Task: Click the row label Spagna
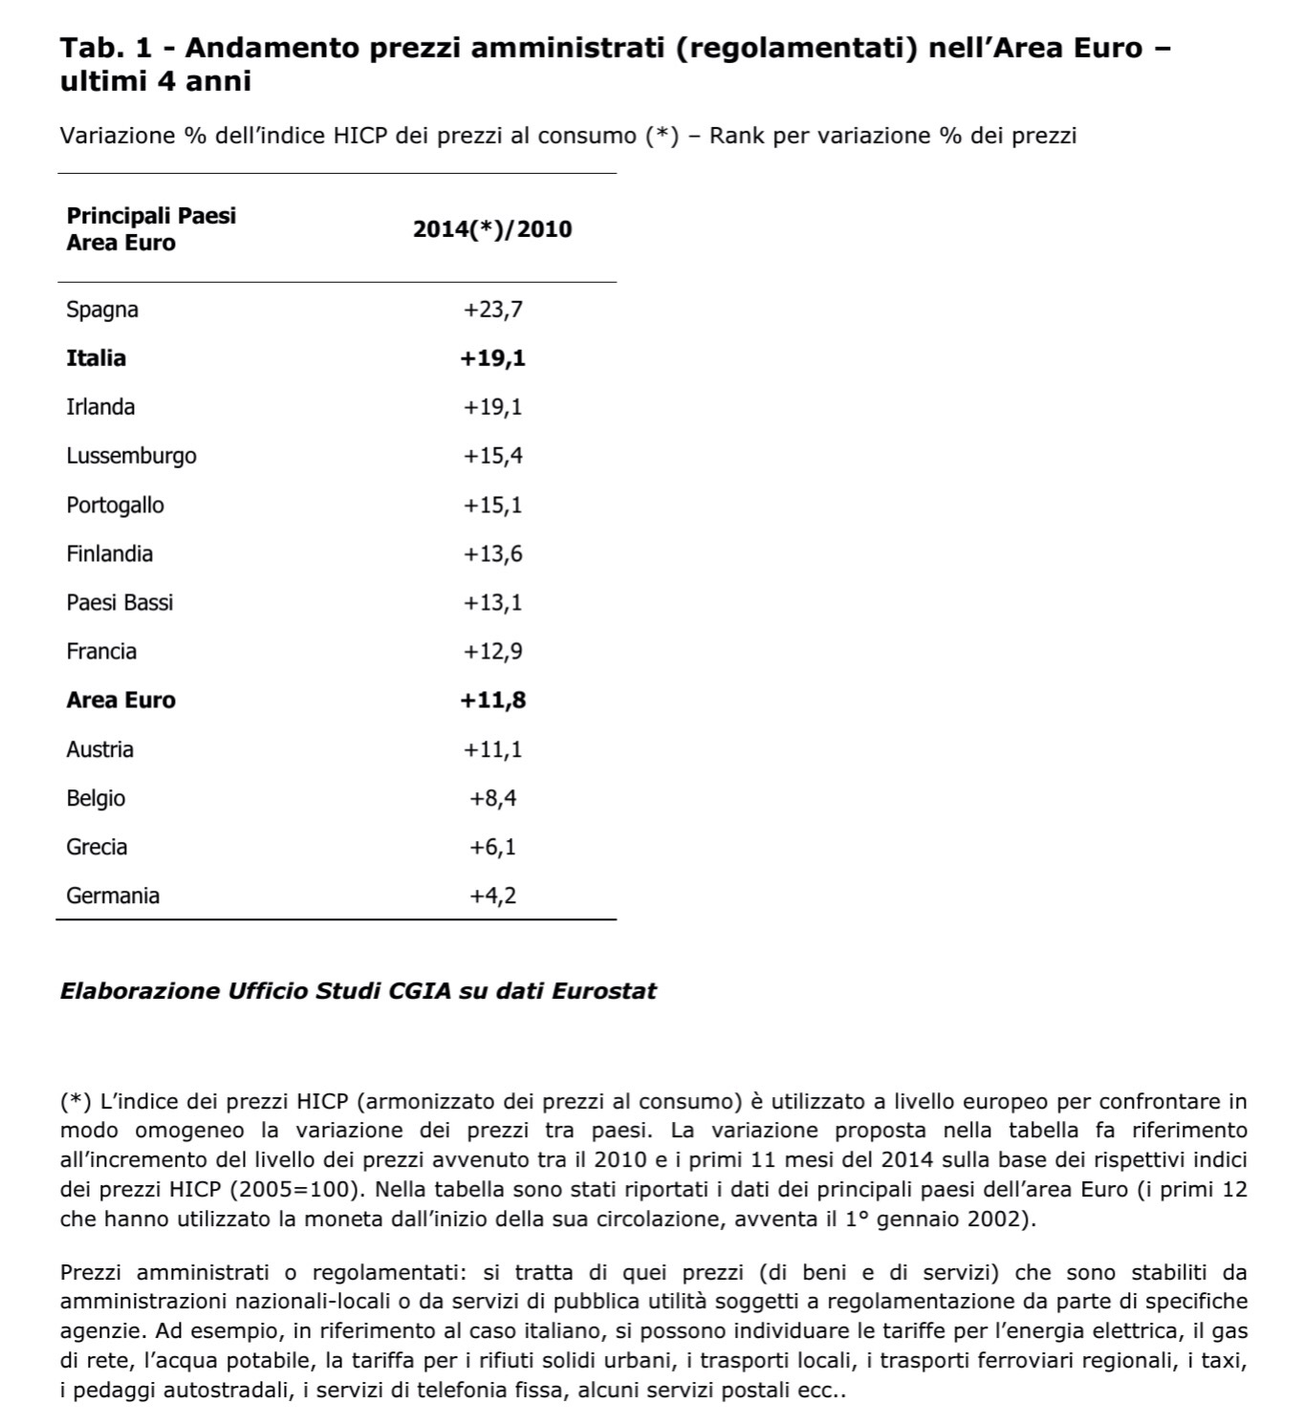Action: (x=102, y=310)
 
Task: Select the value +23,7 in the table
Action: (x=492, y=310)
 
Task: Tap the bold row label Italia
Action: (x=96, y=358)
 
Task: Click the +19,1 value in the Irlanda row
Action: (x=492, y=407)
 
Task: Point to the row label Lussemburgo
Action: (x=131, y=456)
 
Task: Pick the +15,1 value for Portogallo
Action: (x=492, y=505)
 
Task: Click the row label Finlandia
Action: (x=109, y=554)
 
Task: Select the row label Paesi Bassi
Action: (x=119, y=603)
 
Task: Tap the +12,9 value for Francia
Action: (x=492, y=652)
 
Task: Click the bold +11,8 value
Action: (x=492, y=701)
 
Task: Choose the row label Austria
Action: (x=99, y=749)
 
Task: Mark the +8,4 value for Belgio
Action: (x=492, y=798)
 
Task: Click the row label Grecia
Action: (x=97, y=847)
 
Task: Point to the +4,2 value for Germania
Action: (x=492, y=895)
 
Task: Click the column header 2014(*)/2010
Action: (x=492, y=229)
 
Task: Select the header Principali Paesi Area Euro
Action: (x=150, y=228)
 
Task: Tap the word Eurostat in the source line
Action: (x=604, y=991)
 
